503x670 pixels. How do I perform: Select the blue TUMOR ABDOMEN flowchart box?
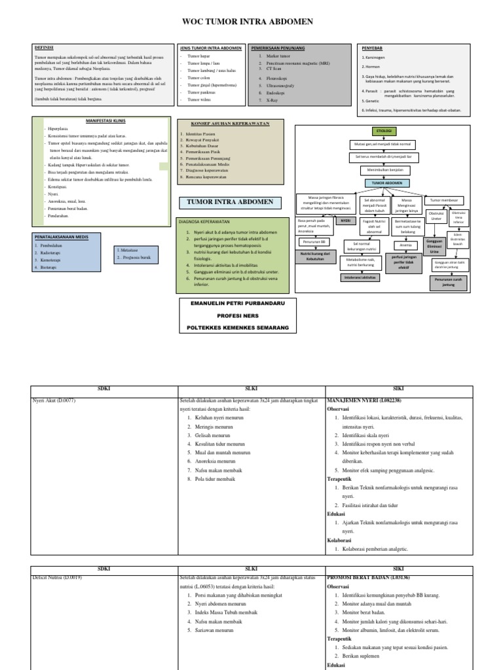click(387, 183)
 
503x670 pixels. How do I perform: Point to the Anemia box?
click(404, 245)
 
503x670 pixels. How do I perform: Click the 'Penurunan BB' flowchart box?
click(312, 241)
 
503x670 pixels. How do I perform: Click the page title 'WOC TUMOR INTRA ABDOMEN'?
click(251, 22)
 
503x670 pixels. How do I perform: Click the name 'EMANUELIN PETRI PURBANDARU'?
click(237, 303)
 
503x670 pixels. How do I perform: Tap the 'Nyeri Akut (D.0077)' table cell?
click(54, 399)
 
